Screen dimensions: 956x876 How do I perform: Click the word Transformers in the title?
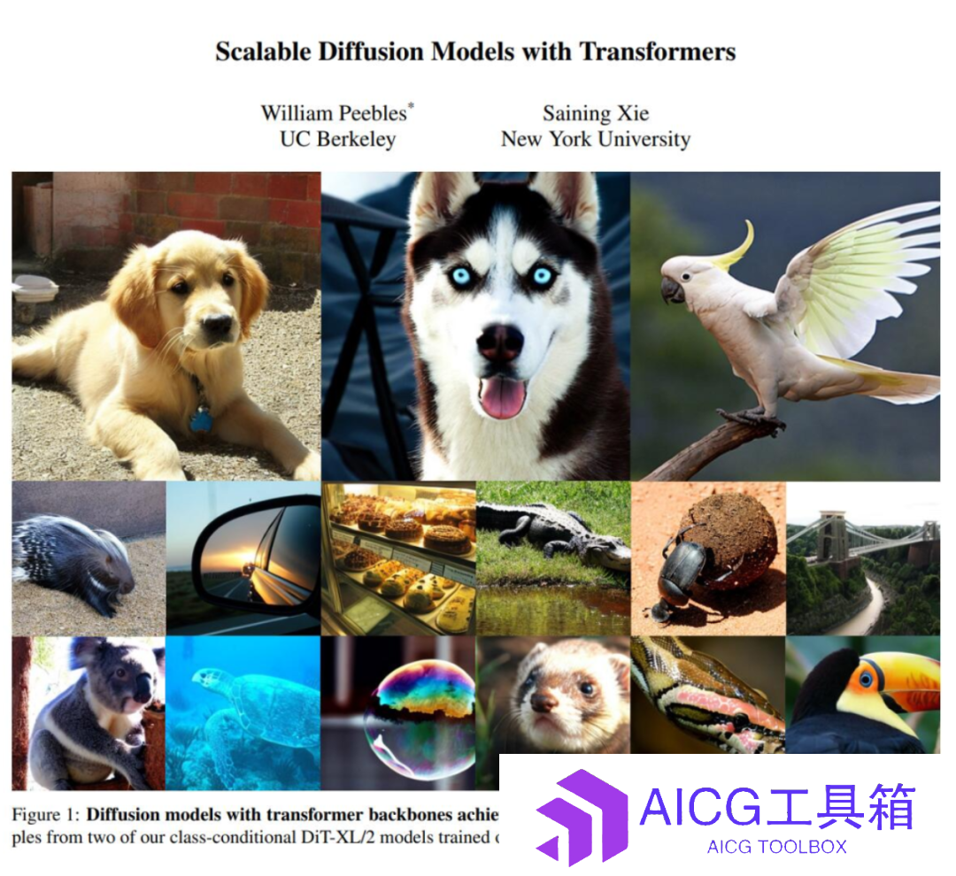tap(657, 52)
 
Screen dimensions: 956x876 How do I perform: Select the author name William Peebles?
tap(334, 113)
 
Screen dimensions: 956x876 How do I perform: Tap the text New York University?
tap(596, 139)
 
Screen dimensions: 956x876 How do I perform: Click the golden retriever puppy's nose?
tap(217, 324)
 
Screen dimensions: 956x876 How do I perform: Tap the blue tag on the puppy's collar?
tap(200, 420)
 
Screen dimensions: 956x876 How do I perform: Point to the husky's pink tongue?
tap(503, 396)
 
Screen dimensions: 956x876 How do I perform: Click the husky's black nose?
tap(500, 342)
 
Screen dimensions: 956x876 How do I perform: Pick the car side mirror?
tap(256, 559)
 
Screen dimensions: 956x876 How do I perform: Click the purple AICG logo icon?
tap(581, 817)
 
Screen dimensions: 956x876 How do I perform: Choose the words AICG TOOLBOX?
tap(777, 847)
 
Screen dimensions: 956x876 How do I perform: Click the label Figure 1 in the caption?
tap(46, 814)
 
